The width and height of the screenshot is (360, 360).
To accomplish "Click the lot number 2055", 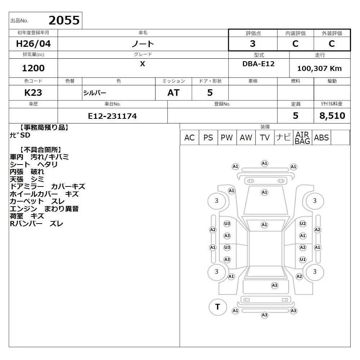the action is coord(64,21).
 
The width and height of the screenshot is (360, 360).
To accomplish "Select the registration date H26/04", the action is coord(33,44).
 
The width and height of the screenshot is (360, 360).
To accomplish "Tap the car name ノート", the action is coord(143,44).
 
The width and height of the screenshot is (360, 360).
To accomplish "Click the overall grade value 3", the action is coord(253,44).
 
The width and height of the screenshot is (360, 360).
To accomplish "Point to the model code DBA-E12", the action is coord(258,64).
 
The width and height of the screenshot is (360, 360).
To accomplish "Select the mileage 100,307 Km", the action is coord(319,68).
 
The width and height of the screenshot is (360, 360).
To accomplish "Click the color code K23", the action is coord(33,93).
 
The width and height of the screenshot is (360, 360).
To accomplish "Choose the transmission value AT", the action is coord(174,93).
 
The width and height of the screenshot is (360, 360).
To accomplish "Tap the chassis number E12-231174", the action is coord(112,116).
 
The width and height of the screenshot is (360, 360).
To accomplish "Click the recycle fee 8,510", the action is coord(332,116).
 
